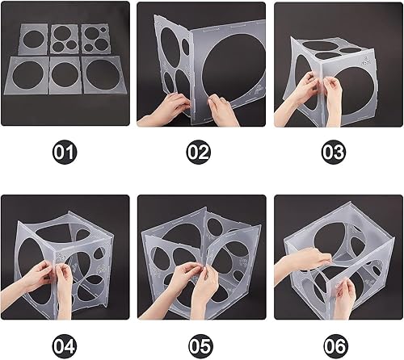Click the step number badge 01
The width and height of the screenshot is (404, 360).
click(x=64, y=151)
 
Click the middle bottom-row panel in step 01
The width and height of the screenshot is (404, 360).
click(x=65, y=74)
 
